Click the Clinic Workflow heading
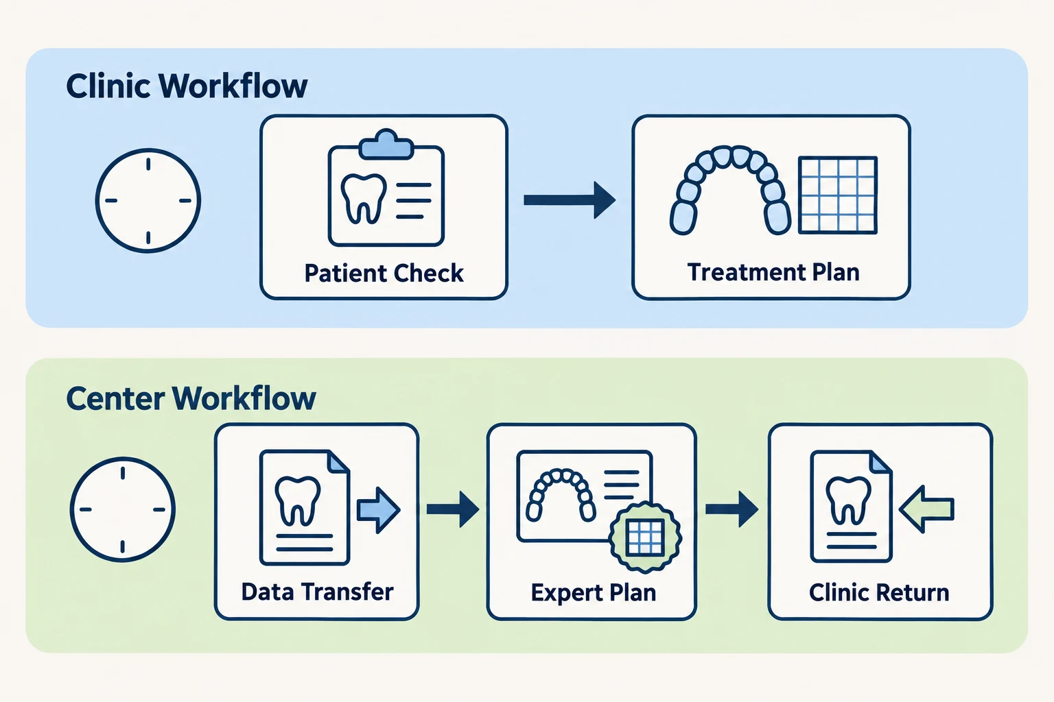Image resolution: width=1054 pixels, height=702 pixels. coord(187,86)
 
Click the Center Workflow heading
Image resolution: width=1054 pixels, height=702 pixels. coord(191,398)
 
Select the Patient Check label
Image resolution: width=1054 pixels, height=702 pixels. coord(384,273)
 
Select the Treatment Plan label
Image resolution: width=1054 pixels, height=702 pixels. coord(773,272)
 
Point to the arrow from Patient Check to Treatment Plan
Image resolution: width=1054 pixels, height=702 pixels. coord(570,200)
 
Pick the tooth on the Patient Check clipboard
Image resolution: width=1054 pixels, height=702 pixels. coord(364,199)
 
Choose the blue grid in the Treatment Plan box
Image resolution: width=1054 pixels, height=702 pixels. coord(838,195)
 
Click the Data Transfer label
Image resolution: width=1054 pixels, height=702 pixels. coord(317,592)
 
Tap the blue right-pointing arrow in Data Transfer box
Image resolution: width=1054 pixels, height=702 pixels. coord(379,510)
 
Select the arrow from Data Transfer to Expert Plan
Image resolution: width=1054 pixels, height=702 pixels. coord(453,509)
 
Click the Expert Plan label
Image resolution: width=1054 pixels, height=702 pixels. coord(594,593)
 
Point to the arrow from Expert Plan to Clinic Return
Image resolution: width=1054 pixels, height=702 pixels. coord(731,509)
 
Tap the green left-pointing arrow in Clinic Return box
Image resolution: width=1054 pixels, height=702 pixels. coord(926,509)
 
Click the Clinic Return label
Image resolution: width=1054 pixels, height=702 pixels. coord(879,593)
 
